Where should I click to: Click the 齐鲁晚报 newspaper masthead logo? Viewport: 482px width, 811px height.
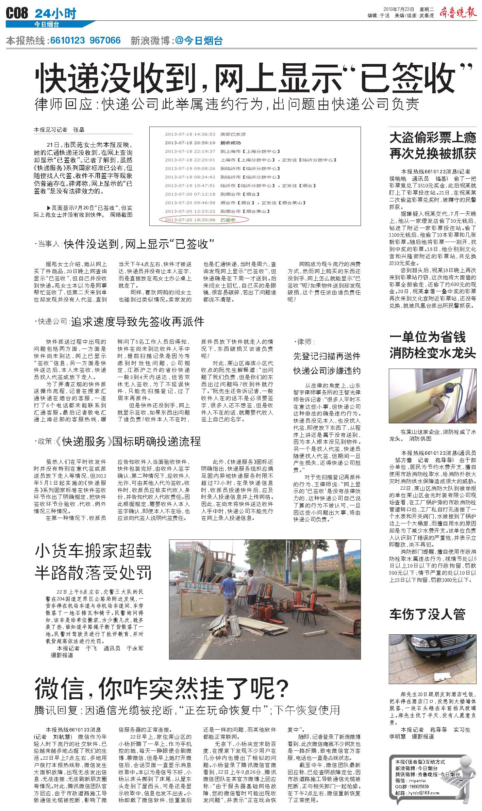[x=458, y=12]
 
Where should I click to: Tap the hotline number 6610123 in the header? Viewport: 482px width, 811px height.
[x=67, y=41]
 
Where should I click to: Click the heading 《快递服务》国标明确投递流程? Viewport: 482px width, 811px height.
[x=128, y=441]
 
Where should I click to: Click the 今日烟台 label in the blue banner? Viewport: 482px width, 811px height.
[x=47, y=25]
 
